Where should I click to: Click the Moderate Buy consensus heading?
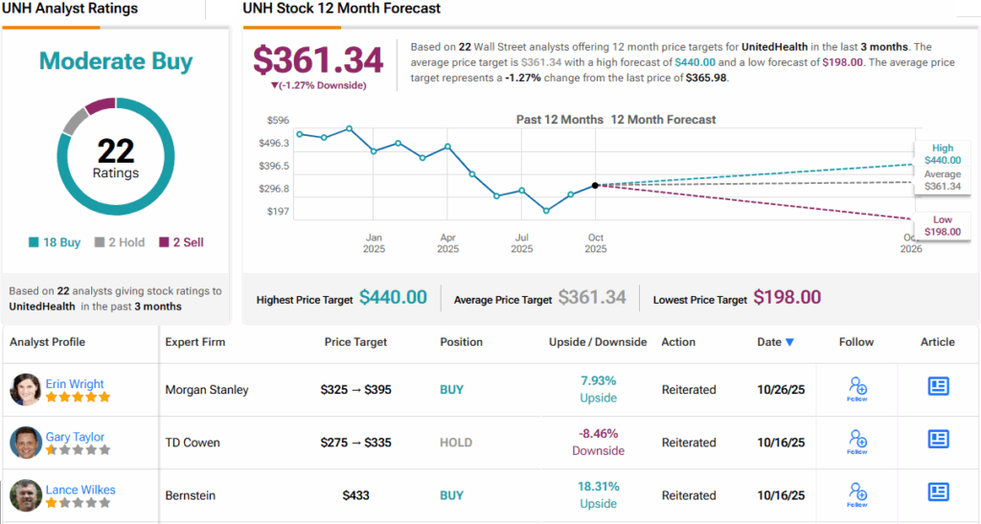(x=116, y=62)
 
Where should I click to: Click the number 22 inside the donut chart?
(x=116, y=150)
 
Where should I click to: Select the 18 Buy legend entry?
(x=57, y=242)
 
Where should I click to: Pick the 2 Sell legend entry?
(x=181, y=242)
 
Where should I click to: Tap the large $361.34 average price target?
(x=318, y=59)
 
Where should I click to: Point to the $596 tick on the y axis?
(x=278, y=120)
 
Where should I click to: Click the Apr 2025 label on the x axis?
(x=447, y=242)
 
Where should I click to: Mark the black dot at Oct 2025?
(x=595, y=185)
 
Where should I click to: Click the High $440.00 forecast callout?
(x=943, y=154)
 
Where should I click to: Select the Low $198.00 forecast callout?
(x=943, y=226)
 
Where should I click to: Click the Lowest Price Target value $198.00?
(x=787, y=298)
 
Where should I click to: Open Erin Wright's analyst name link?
(x=75, y=384)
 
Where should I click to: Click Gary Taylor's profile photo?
(x=26, y=443)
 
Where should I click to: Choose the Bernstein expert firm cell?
(x=190, y=495)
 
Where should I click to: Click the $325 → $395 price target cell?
(x=355, y=390)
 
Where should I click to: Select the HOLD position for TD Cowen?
(x=456, y=443)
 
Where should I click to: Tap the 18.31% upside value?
(x=598, y=487)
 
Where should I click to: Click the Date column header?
(x=774, y=342)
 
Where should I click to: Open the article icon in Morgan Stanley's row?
(x=938, y=386)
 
